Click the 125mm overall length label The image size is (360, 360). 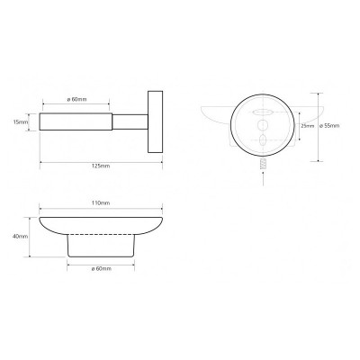(x=101, y=166)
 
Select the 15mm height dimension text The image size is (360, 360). (x=21, y=122)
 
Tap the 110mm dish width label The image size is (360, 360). (x=101, y=203)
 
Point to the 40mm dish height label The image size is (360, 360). (x=21, y=237)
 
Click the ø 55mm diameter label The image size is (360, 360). (x=329, y=126)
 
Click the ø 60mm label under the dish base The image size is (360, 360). (x=101, y=268)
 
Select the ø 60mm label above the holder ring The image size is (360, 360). (x=76, y=99)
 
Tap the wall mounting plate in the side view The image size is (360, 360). (x=155, y=121)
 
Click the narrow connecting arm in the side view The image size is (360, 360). (x=130, y=121)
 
